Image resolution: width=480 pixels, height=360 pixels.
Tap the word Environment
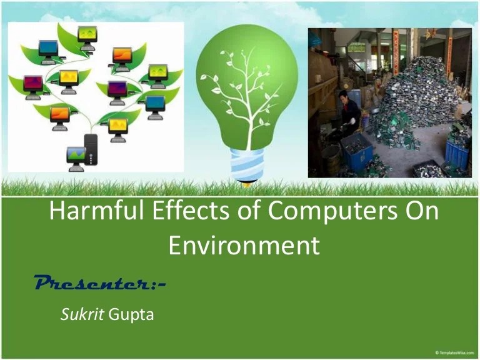[x=244, y=246]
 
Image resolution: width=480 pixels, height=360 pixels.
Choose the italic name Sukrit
[x=82, y=314]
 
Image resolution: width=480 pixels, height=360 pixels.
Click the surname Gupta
[x=131, y=314]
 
